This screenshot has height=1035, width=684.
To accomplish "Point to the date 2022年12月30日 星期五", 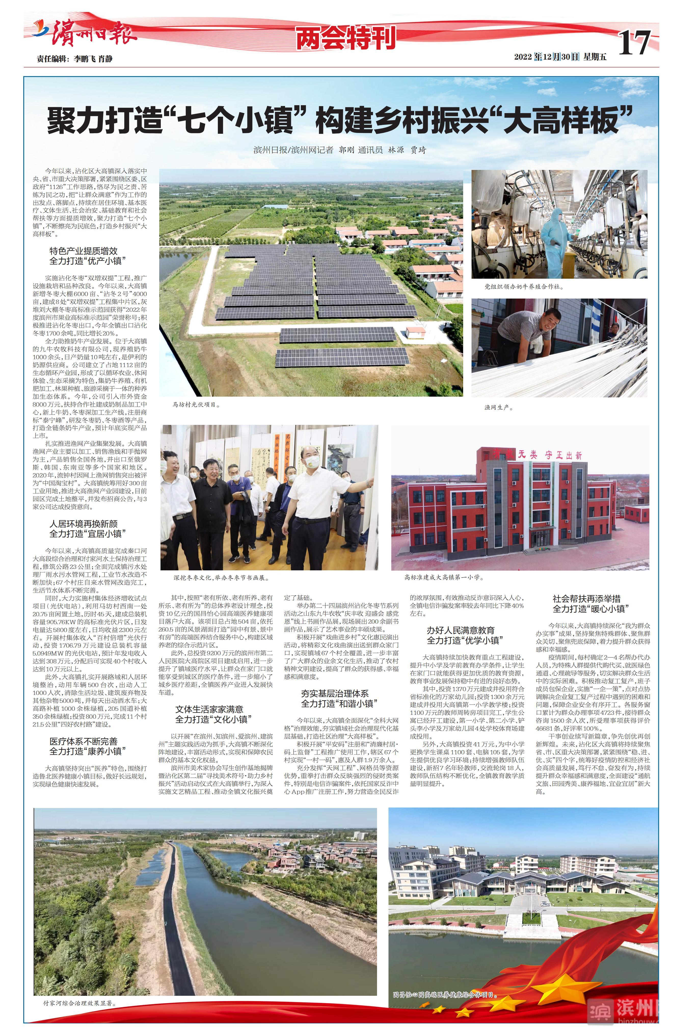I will [x=560, y=57].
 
